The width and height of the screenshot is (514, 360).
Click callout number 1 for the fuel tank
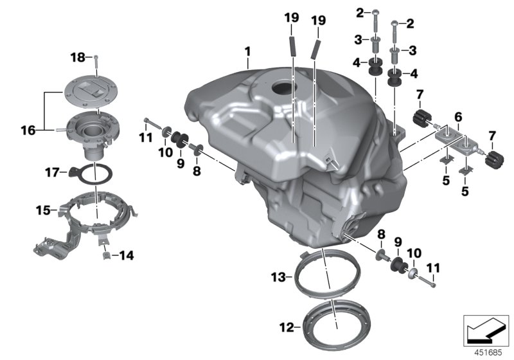pyautogui.click(x=248, y=50)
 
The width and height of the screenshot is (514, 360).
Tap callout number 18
pyautogui.click(x=78, y=58)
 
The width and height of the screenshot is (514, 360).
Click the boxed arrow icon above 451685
pyautogui.click(x=486, y=330)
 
